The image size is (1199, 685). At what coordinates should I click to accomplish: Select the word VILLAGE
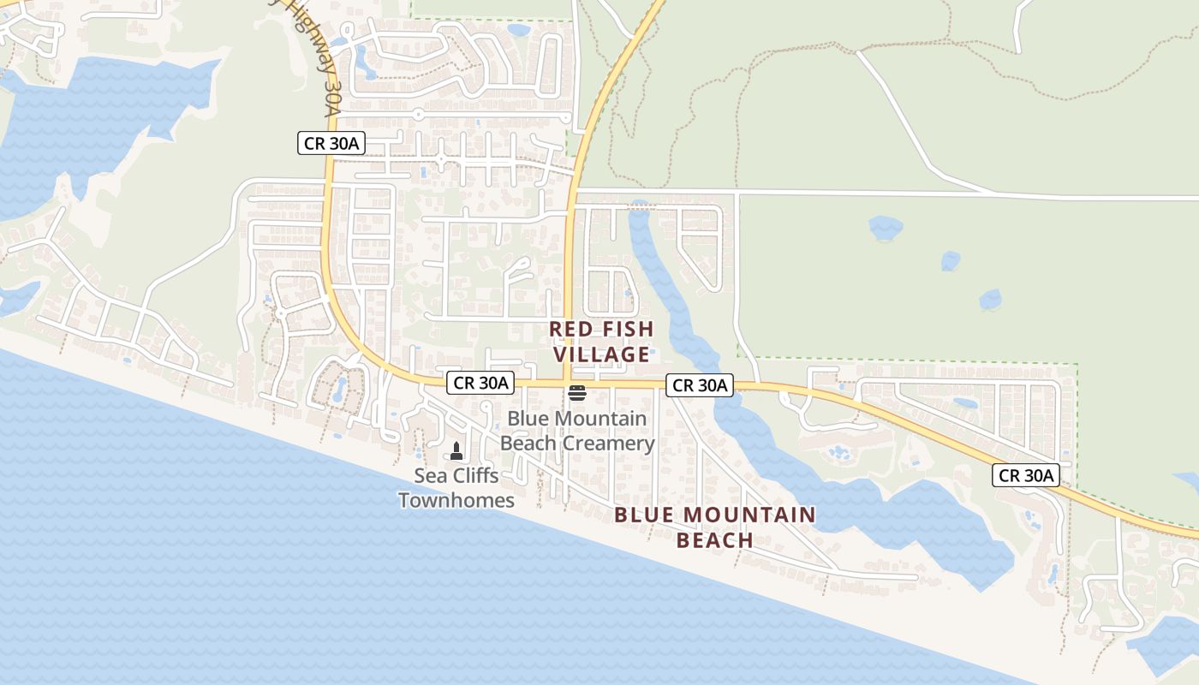point(601,354)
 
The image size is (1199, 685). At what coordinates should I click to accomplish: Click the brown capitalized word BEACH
point(714,540)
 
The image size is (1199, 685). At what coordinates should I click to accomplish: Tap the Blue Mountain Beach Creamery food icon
point(577,394)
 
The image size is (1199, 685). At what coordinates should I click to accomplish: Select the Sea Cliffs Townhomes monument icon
point(456,451)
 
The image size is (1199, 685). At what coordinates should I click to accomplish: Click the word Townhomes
point(456,500)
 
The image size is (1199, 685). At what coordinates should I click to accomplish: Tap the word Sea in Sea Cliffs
point(431,475)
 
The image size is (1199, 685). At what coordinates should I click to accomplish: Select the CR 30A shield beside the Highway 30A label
point(331,144)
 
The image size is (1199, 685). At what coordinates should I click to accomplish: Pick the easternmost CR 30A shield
point(1026,475)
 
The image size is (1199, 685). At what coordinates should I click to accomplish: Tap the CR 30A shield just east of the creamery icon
point(700,385)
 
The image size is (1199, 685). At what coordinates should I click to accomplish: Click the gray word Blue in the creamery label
point(529,419)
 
